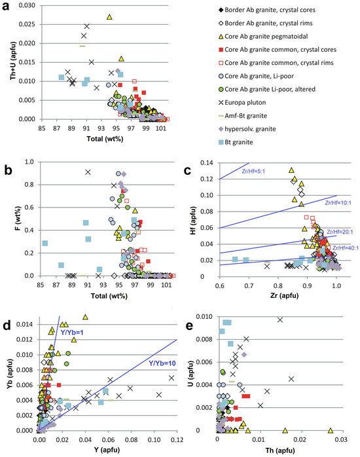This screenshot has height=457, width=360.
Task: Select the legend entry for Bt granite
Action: point(236,142)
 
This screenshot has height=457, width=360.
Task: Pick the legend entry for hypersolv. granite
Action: point(247,129)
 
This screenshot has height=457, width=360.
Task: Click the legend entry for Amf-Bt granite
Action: point(243,116)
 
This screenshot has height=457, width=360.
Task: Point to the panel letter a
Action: point(5,7)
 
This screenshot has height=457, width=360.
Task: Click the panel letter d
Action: point(7,325)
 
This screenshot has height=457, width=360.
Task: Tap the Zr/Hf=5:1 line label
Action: point(253,172)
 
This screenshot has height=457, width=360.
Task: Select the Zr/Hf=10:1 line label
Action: point(338,202)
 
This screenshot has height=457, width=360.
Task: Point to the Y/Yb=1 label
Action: point(71,332)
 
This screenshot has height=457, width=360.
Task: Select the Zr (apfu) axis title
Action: point(284,295)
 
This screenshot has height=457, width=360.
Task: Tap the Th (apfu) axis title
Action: point(280,450)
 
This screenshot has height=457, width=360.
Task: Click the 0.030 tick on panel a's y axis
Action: point(27,5)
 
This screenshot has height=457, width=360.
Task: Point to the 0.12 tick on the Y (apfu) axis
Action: point(177,439)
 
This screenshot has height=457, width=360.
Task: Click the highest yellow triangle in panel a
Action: point(109,17)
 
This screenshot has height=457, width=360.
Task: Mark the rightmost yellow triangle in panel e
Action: point(331,430)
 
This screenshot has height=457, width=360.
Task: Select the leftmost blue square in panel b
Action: point(45,244)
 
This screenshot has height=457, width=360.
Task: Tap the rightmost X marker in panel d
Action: point(171,378)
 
